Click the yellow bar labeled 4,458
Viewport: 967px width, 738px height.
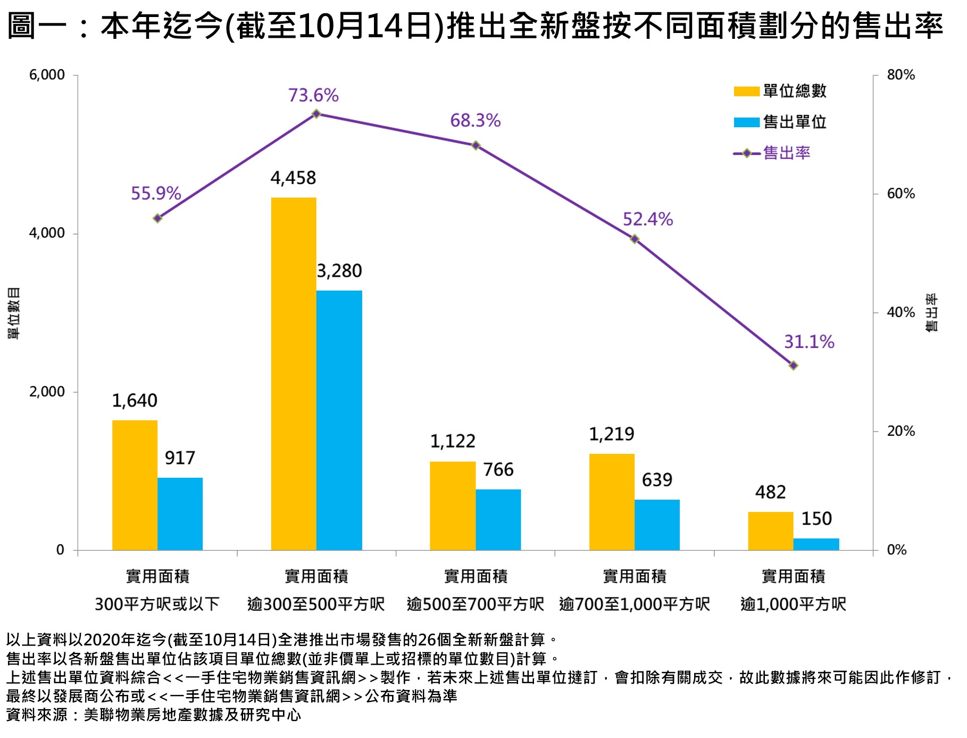[294, 374]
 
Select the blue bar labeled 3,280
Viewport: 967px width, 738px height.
[339, 420]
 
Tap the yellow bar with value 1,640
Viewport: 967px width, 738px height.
[135, 485]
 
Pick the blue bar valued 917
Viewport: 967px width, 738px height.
[180, 513]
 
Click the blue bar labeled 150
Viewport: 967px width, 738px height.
[816, 544]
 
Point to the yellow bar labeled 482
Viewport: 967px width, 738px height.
[770, 530]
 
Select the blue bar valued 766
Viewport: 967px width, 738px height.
[498, 519]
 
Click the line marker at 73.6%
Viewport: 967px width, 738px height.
[316, 114]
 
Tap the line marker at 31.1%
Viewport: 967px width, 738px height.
[793, 366]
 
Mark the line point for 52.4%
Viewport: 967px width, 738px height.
[634, 239]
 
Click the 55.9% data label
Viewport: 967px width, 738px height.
[156, 193]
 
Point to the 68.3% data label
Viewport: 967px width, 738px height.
[475, 121]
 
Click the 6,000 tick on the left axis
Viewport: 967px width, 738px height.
[47, 75]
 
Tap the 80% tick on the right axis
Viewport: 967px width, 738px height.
[901, 75]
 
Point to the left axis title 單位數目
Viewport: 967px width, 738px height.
[14, 313]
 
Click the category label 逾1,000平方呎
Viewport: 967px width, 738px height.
[793, 604]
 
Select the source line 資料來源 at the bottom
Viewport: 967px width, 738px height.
[154, 715]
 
